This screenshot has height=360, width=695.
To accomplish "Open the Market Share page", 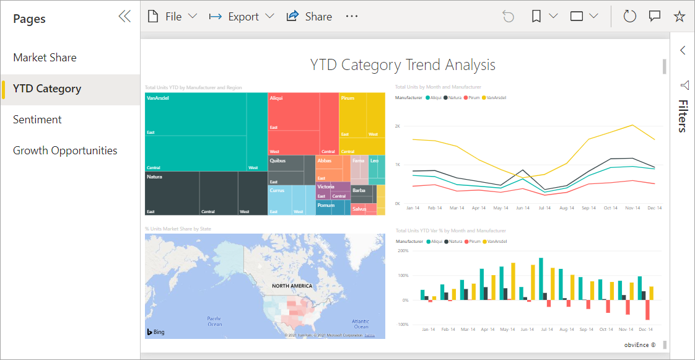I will pos(45,58).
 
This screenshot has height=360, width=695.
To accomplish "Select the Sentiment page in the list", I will pos(37,120).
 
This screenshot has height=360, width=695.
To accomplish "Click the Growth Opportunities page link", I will pos(65,151).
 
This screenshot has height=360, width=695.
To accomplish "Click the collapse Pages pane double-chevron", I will pos(125,17).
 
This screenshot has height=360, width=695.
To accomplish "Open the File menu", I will pos(172,17).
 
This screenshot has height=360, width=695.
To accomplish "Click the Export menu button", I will pos(242,17).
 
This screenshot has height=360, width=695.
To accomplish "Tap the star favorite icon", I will pos(680,17).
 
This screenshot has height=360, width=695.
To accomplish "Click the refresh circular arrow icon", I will pos(630,17).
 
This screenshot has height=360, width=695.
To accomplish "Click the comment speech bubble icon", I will pos(655,17).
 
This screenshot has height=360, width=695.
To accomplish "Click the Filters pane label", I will pos(683,116).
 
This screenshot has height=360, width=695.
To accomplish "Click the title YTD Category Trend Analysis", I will pos(403,65).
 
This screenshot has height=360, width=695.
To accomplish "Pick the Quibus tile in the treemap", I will pos(277,160).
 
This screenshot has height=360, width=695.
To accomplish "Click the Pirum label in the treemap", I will pos(347,99).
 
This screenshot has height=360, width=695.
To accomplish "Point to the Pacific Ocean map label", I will pos(214,321).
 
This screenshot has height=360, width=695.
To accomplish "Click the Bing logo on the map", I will pos(156,332).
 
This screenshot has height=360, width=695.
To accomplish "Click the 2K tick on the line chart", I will pos(398,126).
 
